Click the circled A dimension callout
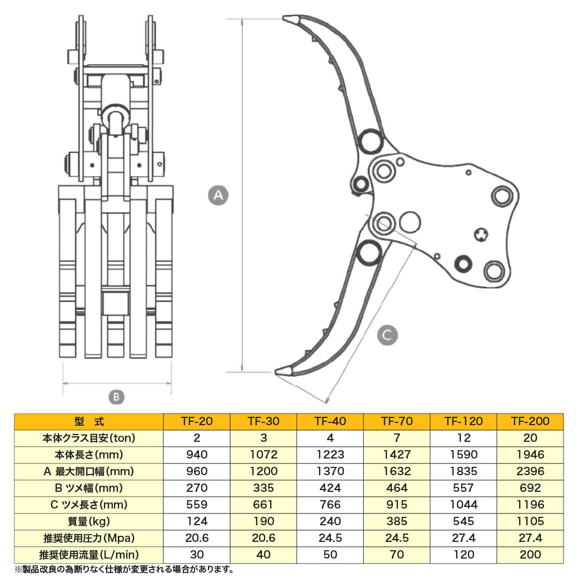click(218, 195)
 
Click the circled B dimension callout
click(115, 397)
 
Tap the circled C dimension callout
click(387, 335)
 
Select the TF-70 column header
click(397, 421)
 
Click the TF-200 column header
click(530, 421)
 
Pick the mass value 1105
click(530, 521)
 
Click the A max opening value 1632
click(397, 471)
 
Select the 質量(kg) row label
click(89, 521)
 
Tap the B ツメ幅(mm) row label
click(89, 488)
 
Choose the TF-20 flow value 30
click(197, 555)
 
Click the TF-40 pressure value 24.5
click(330, 538)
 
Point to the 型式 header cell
click(89, 421)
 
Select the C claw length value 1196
click(530, 505)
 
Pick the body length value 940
click(197, 455)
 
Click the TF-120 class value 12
click(464, 438)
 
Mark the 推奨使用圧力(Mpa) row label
click(89, 538)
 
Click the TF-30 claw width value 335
click(263, 488)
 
